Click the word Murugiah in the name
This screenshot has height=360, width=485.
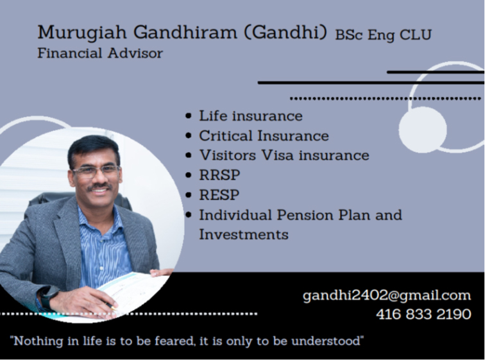[82, 32]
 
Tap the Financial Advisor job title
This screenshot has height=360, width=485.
[100, 53]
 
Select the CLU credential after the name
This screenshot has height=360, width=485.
[416, 35]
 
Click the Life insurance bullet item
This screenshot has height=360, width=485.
[251, 116]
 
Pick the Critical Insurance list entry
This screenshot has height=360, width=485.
[264, 135]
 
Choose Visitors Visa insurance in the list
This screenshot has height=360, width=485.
[284, 155]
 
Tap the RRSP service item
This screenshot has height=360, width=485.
[219, 175]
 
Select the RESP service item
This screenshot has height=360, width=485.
[219, 195]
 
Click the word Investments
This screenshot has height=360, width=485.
[243, 234]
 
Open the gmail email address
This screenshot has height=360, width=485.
[387, 295]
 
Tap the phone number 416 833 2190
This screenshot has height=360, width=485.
[423, 314]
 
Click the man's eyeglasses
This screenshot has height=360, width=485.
[96, 171]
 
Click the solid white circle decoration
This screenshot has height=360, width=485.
[423, 130]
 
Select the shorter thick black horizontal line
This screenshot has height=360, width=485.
[436, 72]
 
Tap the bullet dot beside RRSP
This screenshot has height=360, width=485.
[189, 175]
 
